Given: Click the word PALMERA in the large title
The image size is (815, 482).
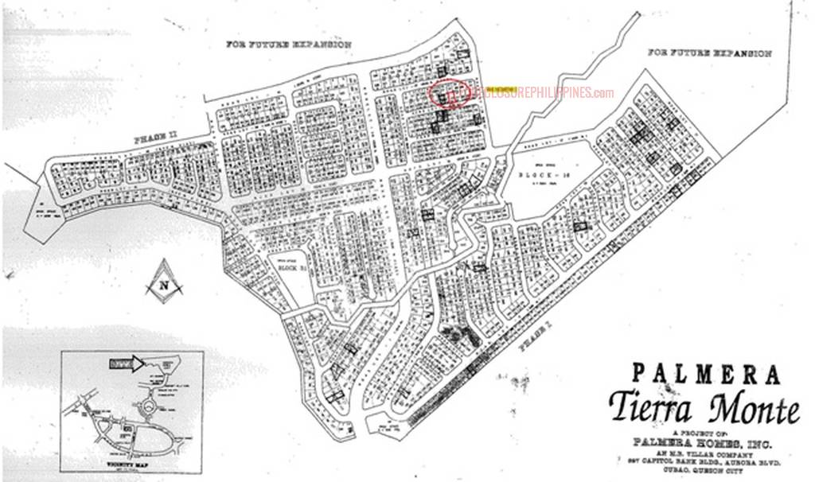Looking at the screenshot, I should click(x=706, y=373).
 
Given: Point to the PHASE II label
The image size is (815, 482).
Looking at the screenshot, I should click(x=156, y=141).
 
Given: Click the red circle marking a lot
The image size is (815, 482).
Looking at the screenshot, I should click(x=450, y=93).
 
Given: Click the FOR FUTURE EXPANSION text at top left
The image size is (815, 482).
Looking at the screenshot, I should click(x=288, y=45).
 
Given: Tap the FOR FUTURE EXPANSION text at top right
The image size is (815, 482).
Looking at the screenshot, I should click(x=709, y=53).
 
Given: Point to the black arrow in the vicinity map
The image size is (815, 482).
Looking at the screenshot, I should click(x=125, y=364).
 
